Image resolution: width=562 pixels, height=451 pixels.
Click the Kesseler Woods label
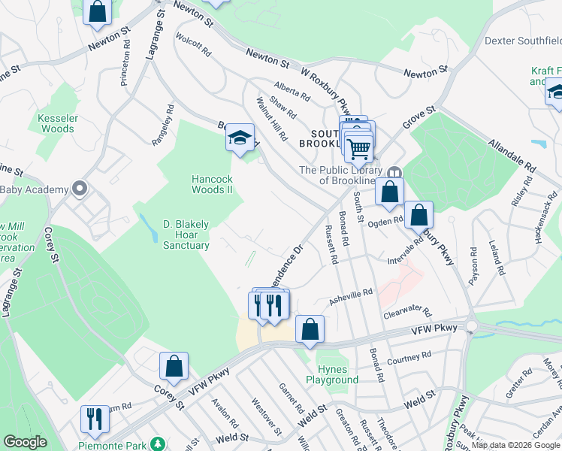coord(56,123)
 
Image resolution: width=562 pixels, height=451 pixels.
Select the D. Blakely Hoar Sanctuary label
coord(186,234)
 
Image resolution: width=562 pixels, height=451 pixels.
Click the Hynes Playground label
coord(332,374)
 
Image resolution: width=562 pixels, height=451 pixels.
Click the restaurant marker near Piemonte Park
coord(95,419)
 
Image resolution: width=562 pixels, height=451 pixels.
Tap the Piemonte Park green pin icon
coord(157,444)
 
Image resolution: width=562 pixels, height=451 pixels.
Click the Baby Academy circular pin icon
coord(79,189)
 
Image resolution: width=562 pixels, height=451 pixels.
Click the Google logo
coord(26,442)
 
